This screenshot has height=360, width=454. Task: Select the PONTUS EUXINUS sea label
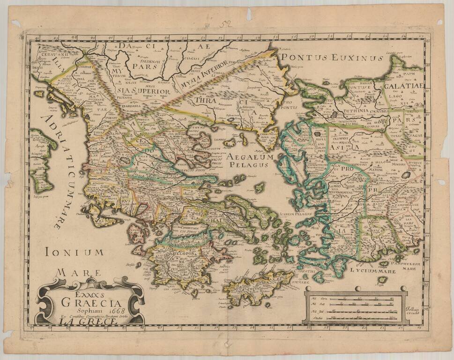click(331, 58)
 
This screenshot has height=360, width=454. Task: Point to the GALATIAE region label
click(403, 86)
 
